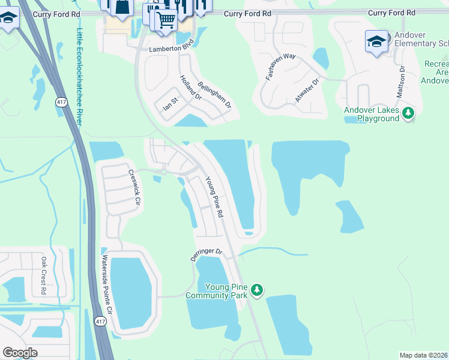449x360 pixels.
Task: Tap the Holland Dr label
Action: pyautogui.click(x=191, y=88)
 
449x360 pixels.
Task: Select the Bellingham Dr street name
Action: pyautogui.click(x=214, y=95)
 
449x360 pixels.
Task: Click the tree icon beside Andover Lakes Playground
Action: pyautogui.click(x=408, y=113)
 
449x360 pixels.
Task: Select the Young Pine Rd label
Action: pyautogui.click(x=214, y=196)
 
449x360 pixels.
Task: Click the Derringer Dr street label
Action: pyautogui.click(x=206, y=253)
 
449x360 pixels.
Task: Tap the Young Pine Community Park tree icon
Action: pyautogui.click(x=257, y=290)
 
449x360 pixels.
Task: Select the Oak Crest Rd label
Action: pyautogui.click(x=43, y=275)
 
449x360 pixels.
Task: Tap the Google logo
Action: pyautogui.click(x=20, y=352)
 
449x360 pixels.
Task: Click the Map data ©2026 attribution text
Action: pyautogui.click(x=423, y=355)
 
